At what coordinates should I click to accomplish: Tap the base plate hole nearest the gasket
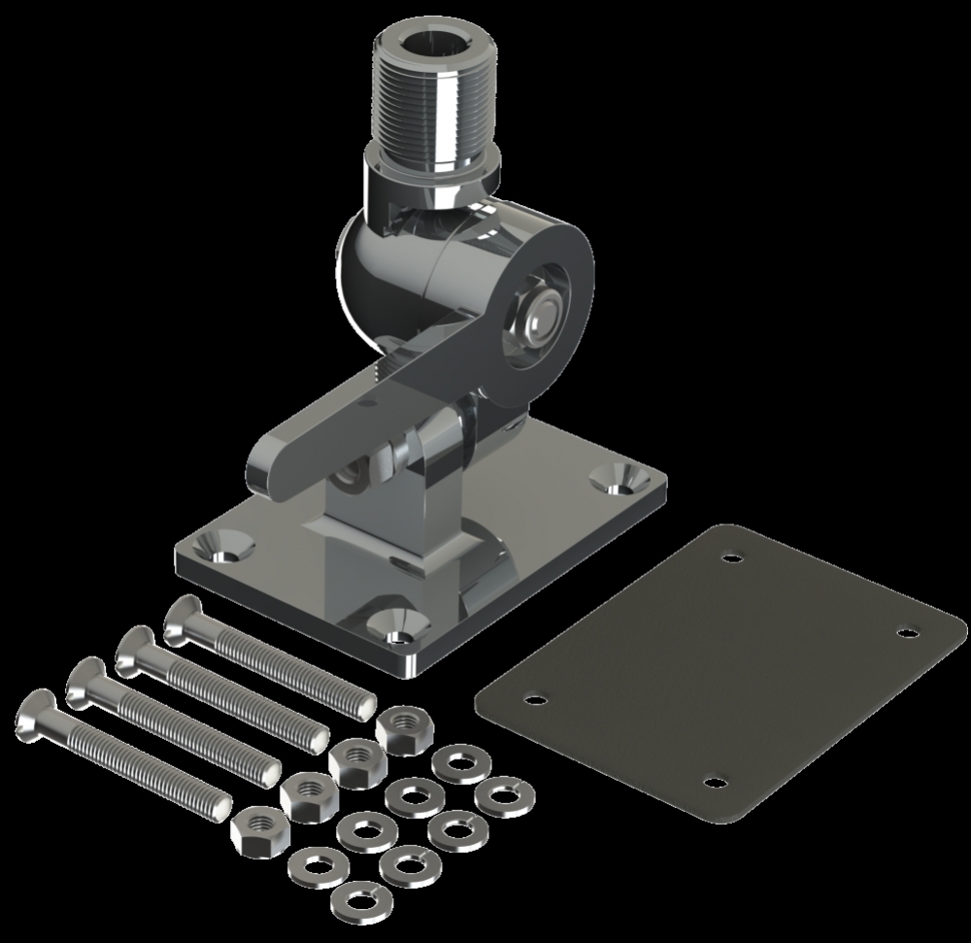point(614,479)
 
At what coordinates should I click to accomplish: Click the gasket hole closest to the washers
point(531,696)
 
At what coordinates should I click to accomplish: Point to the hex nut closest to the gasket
point(397,725)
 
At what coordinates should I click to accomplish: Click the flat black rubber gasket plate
point(719,670)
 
